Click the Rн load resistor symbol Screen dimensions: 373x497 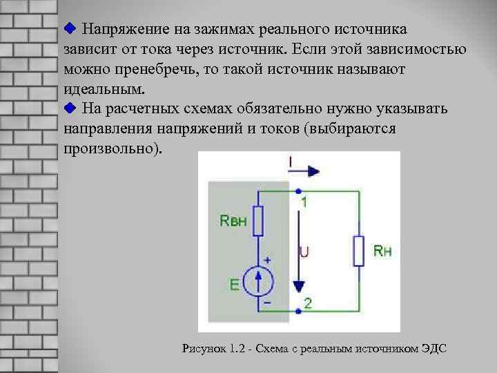[x=358, y=250]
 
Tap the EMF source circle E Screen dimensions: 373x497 [x=259, y=282]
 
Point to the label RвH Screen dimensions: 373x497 [x=232, y=220]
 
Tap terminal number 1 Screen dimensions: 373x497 [x=304, y=202]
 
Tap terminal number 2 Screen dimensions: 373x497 [x=308, y=303]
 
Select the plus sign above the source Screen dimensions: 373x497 [x=267, y=260]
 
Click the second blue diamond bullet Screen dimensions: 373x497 [x=68, y=108]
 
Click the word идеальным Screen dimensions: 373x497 [x=105, y=89]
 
